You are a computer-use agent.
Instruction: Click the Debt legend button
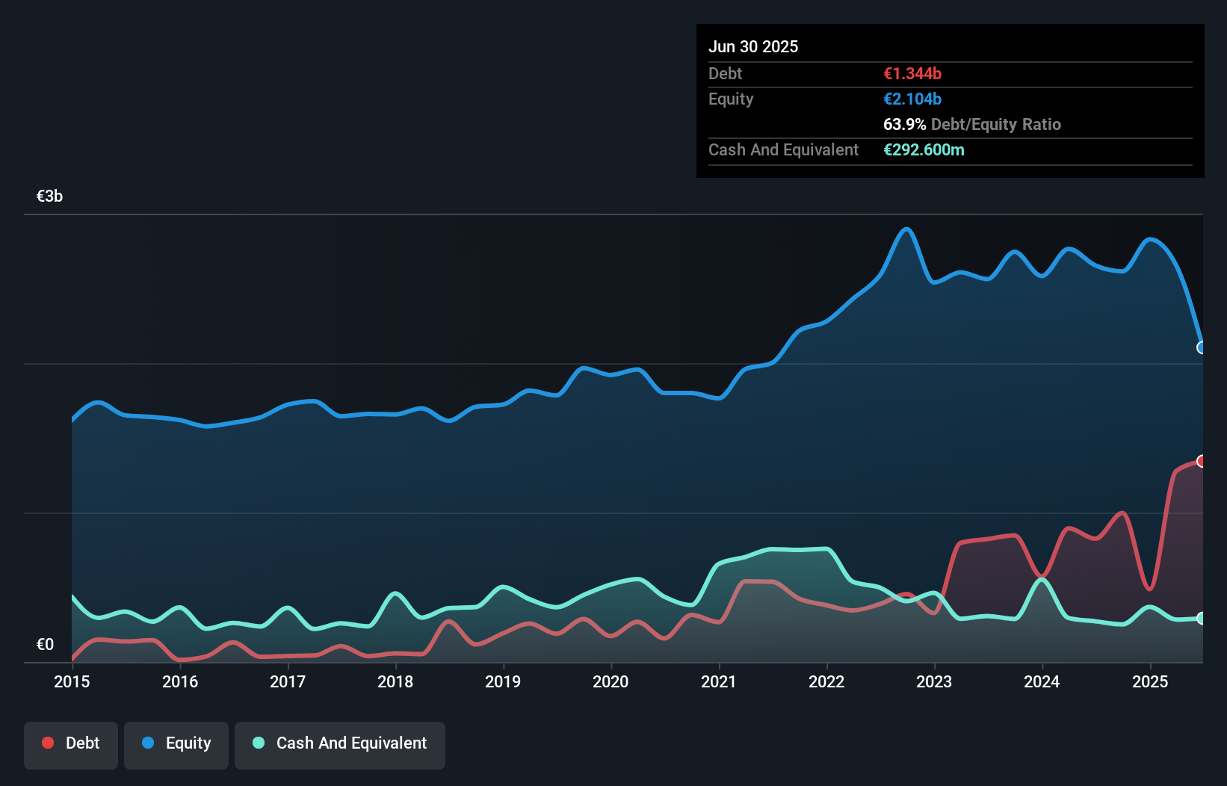71,744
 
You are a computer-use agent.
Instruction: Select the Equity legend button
176,744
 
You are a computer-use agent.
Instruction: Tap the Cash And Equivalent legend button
340,744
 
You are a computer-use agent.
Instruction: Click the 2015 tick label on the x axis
72,681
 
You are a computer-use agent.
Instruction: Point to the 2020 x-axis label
611,681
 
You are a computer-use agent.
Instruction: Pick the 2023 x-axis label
934,681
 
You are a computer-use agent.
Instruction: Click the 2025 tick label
1149,681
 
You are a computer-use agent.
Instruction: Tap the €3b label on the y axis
49,196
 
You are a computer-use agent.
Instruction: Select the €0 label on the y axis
45,645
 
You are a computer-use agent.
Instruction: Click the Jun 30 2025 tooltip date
753,47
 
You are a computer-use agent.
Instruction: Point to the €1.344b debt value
912,74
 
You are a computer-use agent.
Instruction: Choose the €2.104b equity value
912,99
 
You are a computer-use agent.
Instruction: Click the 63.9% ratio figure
904,125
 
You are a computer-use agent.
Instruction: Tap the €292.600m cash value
924,150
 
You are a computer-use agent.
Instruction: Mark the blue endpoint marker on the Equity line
1202,347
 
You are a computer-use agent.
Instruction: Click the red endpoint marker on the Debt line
1202,461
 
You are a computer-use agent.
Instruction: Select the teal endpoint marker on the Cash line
1202,618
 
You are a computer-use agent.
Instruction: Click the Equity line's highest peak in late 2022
906,229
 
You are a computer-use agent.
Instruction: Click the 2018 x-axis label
395,681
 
